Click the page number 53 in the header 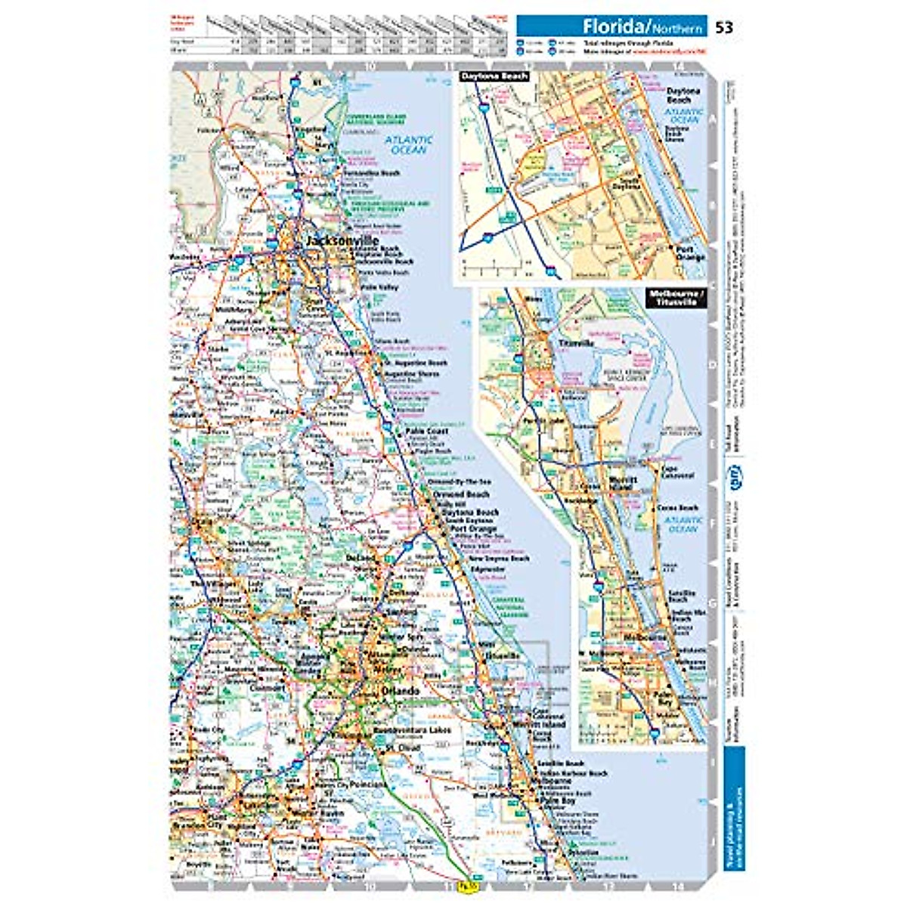tap(723, 28)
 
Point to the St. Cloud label tap(401, 748)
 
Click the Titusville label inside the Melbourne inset tap(577, 342)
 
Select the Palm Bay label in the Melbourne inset tap(663, 696)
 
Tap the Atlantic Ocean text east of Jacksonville tap(409, 144)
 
